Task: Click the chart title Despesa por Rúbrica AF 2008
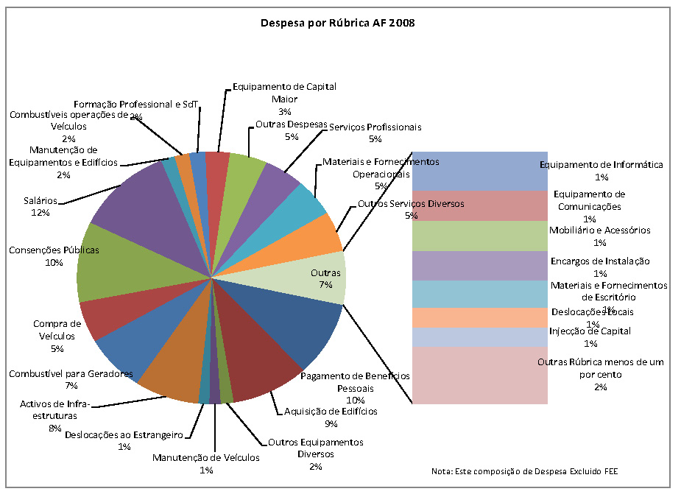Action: pyautogui.click(x=338, y=23)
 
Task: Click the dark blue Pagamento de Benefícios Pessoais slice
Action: pyautogui.click(x=294, y=324)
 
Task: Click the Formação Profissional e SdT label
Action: pyautogui.click(x=136, y=105)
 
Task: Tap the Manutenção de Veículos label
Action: pyautogui.click(x=206, y=458)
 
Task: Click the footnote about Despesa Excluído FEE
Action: pyautogui.click(x=525, y=470)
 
